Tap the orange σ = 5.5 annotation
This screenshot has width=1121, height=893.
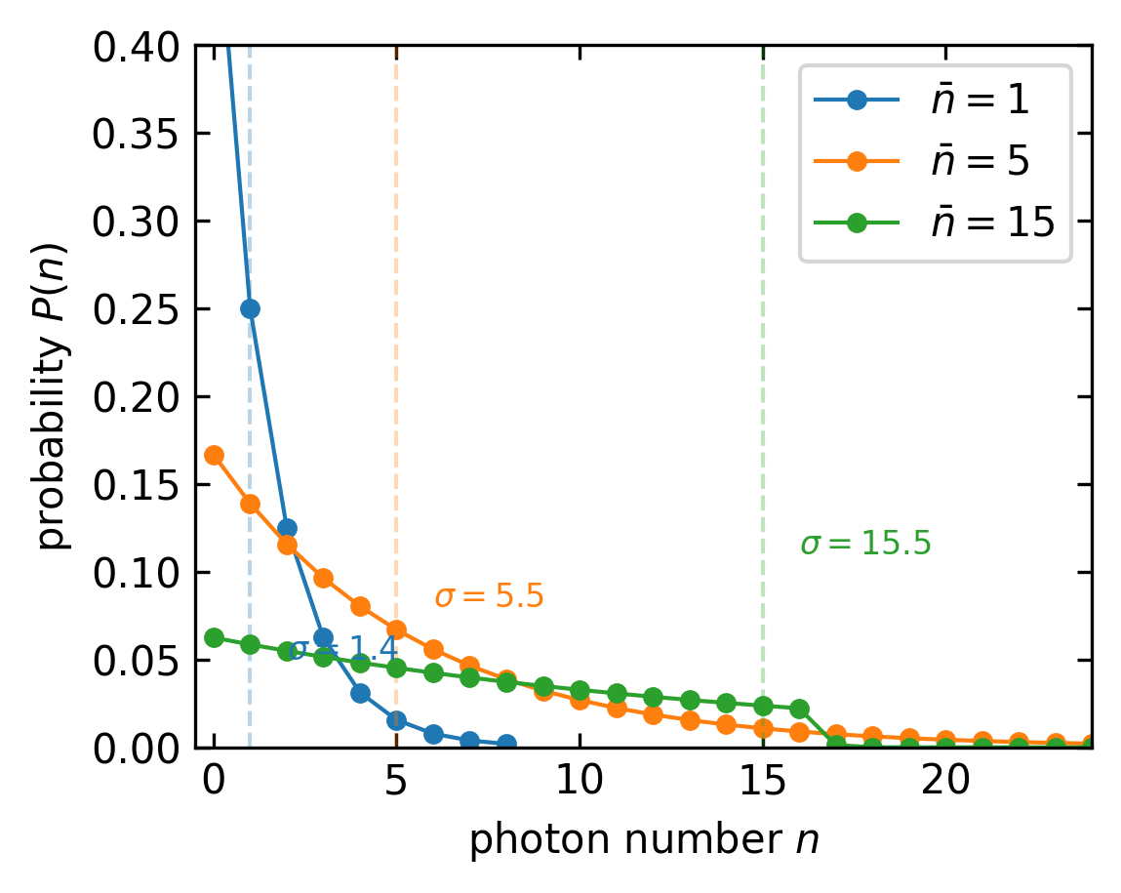488,596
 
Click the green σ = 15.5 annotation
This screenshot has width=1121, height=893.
865,545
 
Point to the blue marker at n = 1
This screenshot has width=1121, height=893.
250,308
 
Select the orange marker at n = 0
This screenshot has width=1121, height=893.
214,455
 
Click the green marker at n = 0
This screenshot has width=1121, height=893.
214,637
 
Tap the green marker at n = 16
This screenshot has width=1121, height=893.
799,709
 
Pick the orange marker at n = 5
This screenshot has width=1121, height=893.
396,629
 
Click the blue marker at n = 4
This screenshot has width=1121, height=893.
360,693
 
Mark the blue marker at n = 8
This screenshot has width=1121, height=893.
506,744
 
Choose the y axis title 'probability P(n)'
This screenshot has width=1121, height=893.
56,396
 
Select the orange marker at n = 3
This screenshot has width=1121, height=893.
323,578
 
